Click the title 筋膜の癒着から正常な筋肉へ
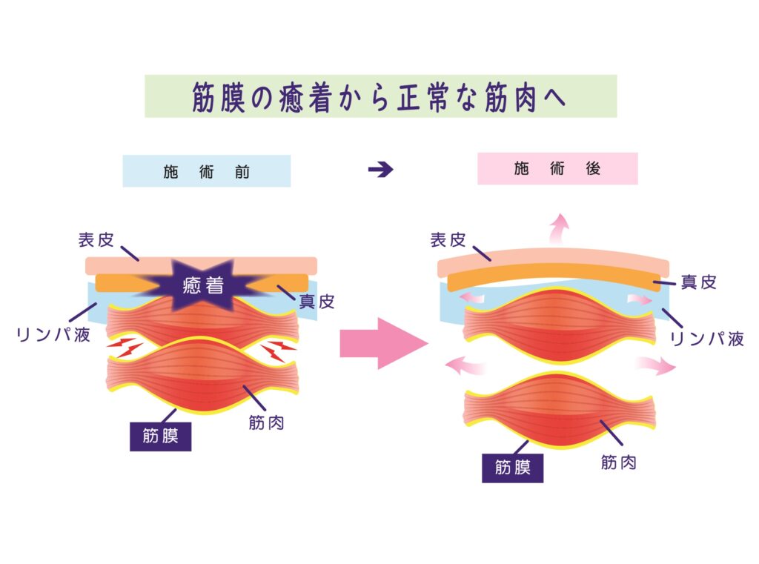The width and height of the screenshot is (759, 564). [380, 96]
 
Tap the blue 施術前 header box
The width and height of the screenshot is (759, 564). [207, 171]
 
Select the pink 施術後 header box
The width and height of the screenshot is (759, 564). [557, 168]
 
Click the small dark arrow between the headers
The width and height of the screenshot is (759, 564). [380, 170]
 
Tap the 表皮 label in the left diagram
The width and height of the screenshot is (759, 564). [96, 240]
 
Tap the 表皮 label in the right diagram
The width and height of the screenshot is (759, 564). [448, 240]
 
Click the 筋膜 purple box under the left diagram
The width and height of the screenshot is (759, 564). [161, 436]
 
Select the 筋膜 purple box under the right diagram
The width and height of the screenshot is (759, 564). [512, 468]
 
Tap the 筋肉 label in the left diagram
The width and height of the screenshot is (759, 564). [267, 424]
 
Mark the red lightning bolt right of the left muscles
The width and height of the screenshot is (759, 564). [279, 348]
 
